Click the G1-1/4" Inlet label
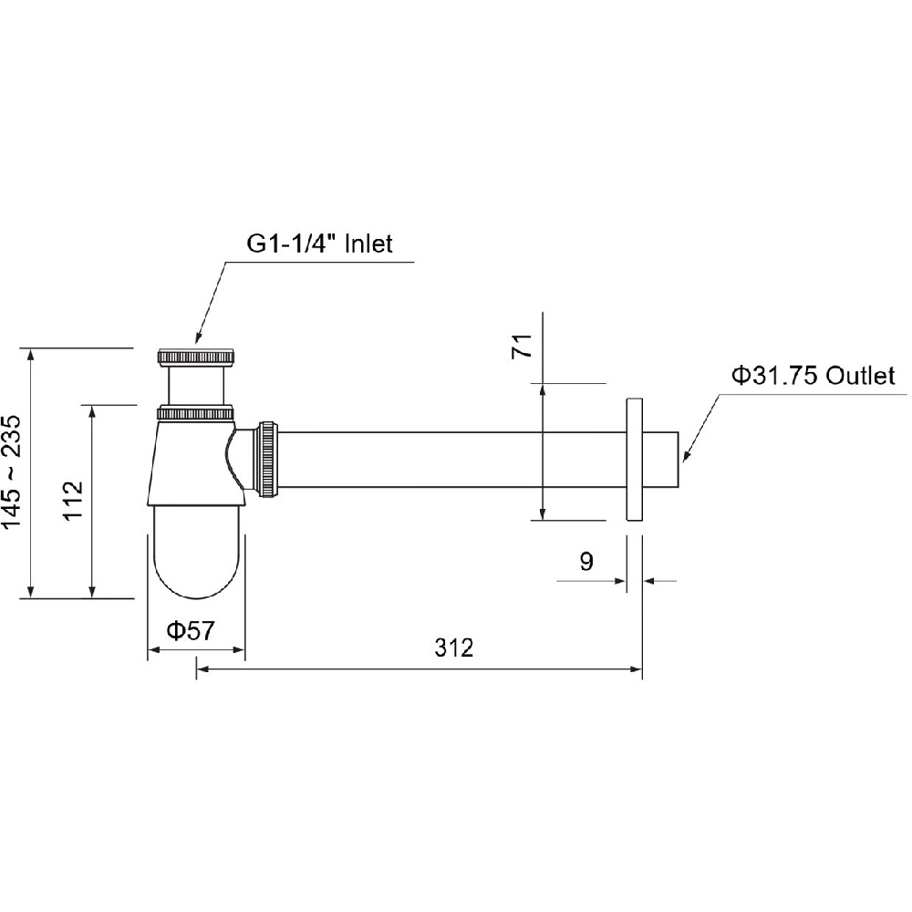tap(319, 244)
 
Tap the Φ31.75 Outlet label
tap(814, 376)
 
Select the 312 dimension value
tap(453, 648)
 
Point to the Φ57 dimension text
tap(191, 630)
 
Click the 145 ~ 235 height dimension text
tap(11, 472)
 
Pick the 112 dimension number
tap(73, 501)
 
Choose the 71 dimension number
tap(522, 346)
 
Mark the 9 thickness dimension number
tap(586, 562)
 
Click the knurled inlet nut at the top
tap(196, 356)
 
